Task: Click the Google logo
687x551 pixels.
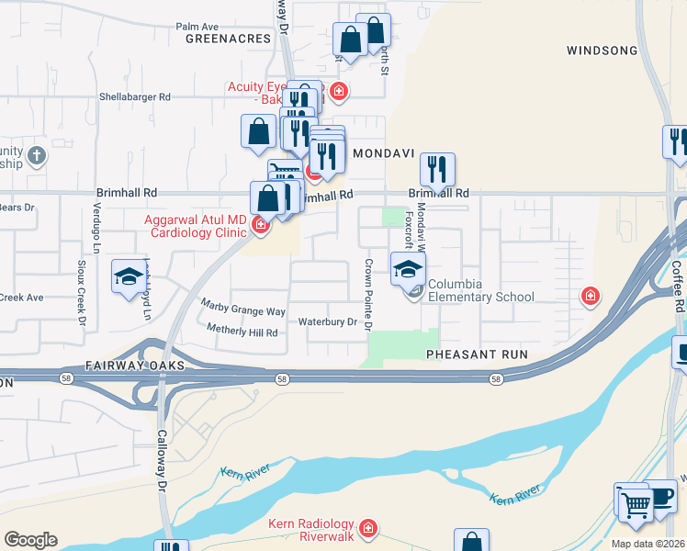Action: coord(30,540)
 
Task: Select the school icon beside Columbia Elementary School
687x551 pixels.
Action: coord(409,270)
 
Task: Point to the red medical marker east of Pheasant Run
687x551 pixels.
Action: coord(590,297)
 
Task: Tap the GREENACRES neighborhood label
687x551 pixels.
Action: coord(229,39)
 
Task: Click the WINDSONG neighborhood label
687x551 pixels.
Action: coord(602,50)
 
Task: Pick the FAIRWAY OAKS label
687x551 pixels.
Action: coord(135,365)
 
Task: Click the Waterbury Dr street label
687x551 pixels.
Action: coord(327,322)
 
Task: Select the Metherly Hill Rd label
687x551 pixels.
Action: coord(242,331)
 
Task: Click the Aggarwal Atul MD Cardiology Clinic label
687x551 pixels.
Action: coord(196,226)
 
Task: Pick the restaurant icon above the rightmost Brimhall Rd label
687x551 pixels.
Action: coord(438,170)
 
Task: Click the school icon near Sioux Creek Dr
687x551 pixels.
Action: coord(129,277)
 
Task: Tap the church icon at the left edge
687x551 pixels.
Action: coord(37,154)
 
